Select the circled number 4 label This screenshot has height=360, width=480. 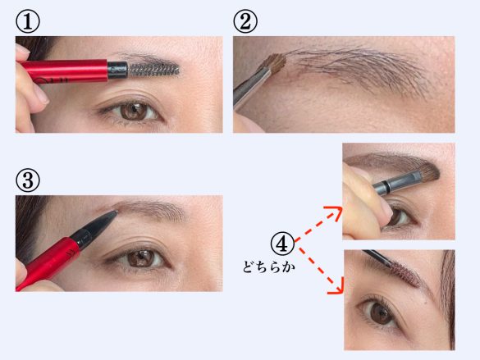(x=281, y=243)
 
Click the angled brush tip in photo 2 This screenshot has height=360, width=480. (x=277, y=62)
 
